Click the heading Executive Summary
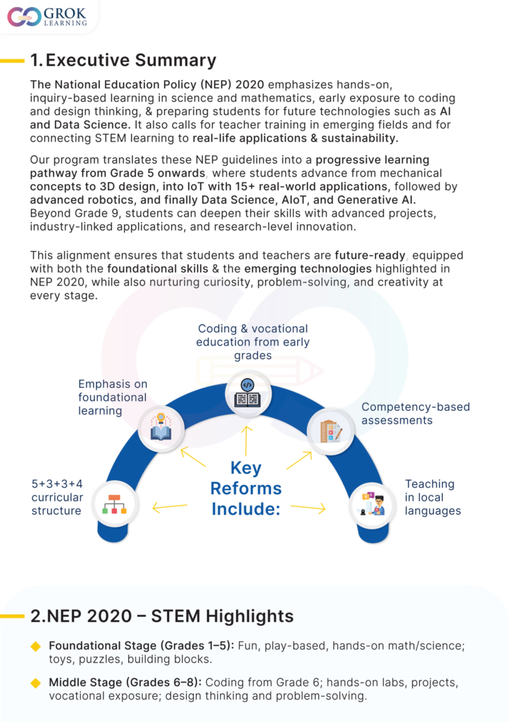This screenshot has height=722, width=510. pos(123,60)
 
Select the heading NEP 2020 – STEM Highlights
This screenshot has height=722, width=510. pos(162,616)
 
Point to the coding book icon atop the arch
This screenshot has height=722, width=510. pos(247,393)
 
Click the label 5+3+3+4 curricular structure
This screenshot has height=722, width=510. pos(57,497)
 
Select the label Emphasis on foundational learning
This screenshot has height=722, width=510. pos(112,397)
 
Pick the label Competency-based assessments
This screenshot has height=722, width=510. pos(416,413)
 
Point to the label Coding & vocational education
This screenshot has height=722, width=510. pos(253,342)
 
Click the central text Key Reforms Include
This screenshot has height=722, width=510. pos(246,488)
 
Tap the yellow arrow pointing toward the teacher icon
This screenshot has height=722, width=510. pos(309,508)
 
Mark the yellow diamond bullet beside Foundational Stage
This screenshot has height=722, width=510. pos(36,645)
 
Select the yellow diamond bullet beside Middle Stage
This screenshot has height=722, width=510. pos(36,683)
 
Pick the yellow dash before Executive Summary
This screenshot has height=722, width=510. pos(13,61)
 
